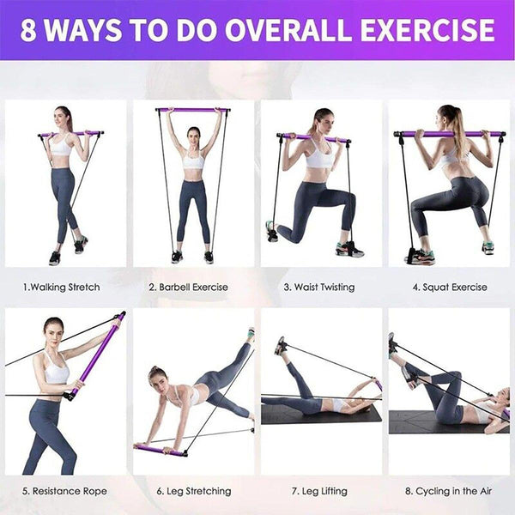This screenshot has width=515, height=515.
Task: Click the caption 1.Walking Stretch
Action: pyautogui.click(x=61, y=287)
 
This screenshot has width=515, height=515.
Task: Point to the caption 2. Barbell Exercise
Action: pyautogui.click(x=188, y=287)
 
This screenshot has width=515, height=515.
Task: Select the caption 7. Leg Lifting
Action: pyautogui.click(x=318, y=491)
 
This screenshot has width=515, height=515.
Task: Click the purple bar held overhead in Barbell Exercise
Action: pyautogui.click(x=193, y=110)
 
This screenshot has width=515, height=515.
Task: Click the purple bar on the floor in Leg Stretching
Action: pyautogui.click(x=159, y=449)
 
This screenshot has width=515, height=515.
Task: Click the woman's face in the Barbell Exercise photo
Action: pyautogui.click(x=193, y=136)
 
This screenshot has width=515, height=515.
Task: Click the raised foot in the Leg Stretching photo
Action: pyautogui.click(x=251, y=334)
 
